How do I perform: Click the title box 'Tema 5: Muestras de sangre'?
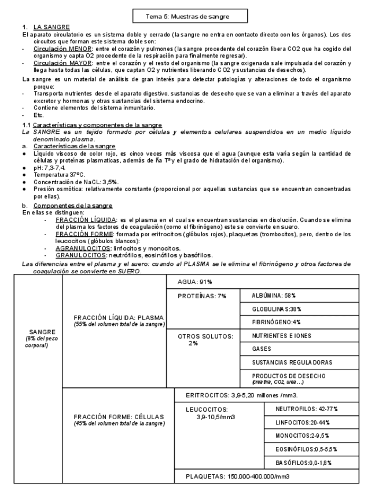(189, 16)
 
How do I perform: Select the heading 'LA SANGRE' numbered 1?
(52, 27)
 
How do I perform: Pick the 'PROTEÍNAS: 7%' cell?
(202, 296)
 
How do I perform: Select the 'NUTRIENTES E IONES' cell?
(281, 336)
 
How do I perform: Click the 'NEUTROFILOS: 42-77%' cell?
(311, 409)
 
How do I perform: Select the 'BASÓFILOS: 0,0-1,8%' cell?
(310, 463)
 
